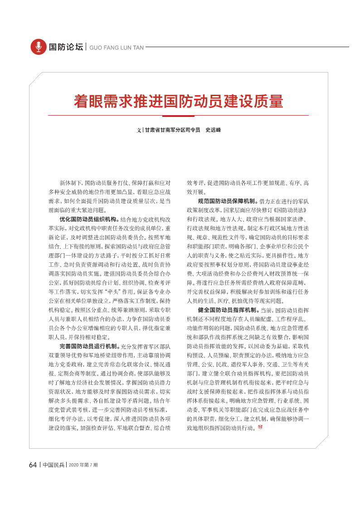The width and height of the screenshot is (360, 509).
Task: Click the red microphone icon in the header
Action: tap(39, 47)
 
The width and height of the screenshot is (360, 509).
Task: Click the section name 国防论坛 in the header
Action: tap(66, 47)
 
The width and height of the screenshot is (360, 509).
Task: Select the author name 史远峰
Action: tap(213, 130)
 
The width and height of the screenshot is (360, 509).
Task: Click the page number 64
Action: tap(33, 465)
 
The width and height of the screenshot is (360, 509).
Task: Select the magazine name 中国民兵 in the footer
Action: tap(54, 465)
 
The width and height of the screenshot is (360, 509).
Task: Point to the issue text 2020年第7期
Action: tap(83, 465)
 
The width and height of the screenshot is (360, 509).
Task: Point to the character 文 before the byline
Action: tap(139, 130)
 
